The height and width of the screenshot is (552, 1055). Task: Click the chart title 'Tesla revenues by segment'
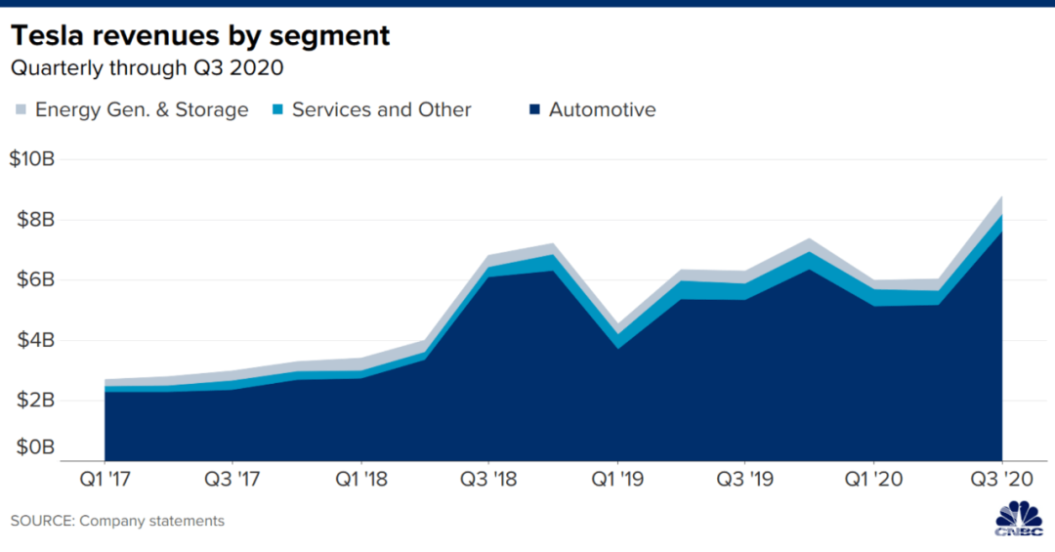point(200,36)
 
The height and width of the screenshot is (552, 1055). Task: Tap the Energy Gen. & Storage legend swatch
point(20,109)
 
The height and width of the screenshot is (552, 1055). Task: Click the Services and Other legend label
point(381,109)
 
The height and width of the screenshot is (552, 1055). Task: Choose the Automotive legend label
point(602,109)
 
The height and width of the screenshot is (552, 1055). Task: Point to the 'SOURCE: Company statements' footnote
point(117,521)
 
